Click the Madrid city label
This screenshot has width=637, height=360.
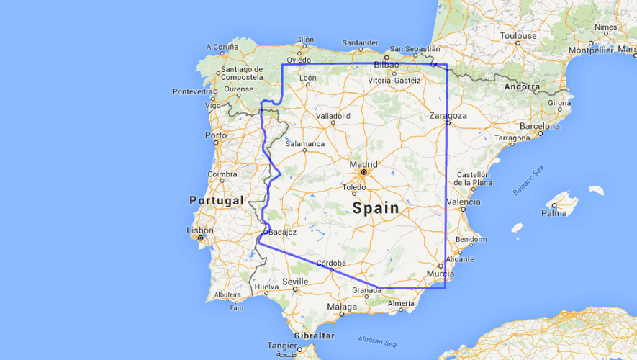363,163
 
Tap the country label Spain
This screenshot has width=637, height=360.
375,208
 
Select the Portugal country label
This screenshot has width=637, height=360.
216,200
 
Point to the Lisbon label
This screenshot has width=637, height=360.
199,230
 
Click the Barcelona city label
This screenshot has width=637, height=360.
539,125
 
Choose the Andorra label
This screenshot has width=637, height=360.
522,86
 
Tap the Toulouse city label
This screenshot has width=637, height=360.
519,35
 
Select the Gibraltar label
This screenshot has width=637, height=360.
314,336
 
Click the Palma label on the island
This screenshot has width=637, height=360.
554,212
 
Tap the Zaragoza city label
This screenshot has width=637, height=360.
448,114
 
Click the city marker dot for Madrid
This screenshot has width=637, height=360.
363,173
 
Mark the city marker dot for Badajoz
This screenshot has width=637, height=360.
266,232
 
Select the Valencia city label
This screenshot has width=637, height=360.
463,202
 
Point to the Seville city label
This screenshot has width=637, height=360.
295,281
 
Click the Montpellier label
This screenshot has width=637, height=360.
590,50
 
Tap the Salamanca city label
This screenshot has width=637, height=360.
305,143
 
